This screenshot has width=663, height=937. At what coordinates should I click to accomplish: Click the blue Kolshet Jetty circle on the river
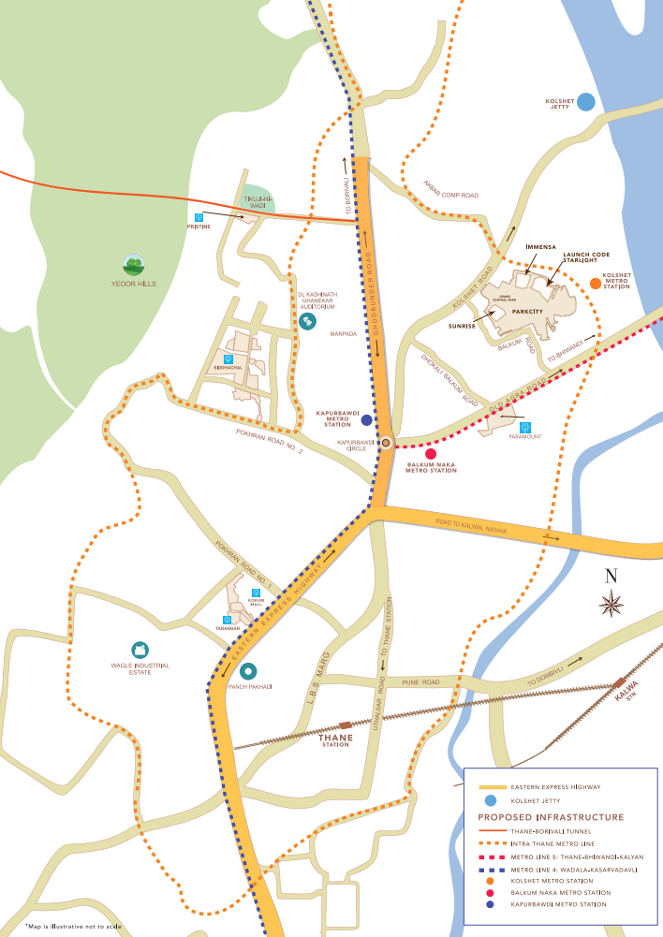(586, 102)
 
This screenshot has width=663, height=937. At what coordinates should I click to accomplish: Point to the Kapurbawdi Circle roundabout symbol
(385, 443)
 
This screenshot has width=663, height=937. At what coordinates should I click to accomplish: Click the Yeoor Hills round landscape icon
(135, 265)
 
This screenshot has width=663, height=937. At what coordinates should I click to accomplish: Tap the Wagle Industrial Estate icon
(139, 650)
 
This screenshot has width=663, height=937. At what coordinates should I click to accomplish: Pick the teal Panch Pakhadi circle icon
(249, 670)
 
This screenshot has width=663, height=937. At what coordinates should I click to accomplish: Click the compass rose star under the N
(612, 604)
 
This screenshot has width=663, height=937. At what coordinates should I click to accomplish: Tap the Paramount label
(525, 436)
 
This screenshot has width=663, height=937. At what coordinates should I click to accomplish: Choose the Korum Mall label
(256, 601)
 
